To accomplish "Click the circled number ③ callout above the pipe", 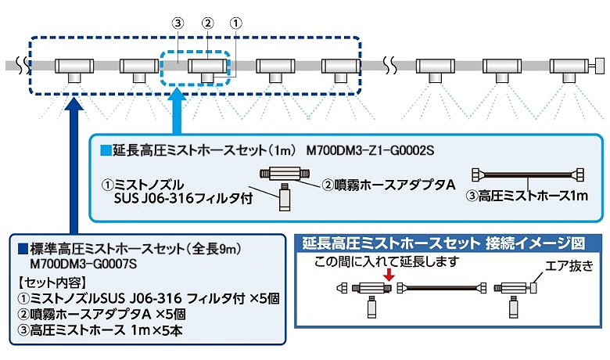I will pos(178,23).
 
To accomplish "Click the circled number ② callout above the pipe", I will pos(207,23).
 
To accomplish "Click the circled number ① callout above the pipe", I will pos(236,23).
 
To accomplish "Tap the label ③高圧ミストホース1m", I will pos(529,196).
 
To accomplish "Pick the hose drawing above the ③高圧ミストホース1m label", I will pos(528,175).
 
